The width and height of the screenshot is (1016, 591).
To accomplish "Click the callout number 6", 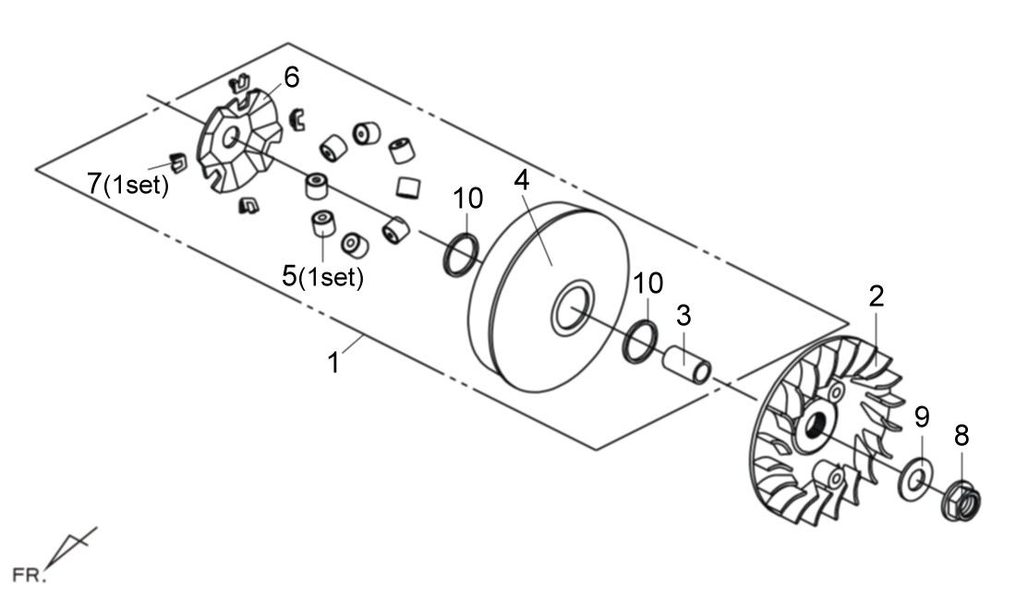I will click(x=292, y=78).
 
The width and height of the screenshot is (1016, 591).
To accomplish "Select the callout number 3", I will click(x=683, y=315).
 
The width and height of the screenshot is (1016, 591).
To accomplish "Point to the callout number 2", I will click(x=876, y=296).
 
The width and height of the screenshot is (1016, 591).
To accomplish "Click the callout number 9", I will click(x=921, y=416).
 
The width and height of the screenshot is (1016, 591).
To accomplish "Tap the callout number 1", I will click(x=334, y=362).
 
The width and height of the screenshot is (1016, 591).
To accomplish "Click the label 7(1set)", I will click(x=128, y=184).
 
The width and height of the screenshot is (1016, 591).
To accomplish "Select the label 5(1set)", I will click(x=323, y=276).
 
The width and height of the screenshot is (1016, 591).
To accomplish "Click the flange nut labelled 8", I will click(x=961, y=501).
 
